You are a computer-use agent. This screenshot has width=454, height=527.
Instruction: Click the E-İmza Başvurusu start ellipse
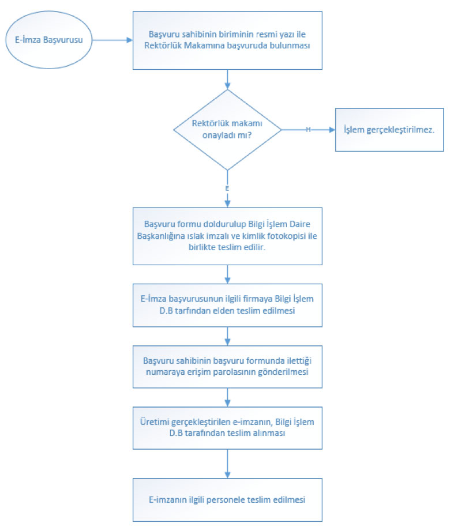click(49, 40)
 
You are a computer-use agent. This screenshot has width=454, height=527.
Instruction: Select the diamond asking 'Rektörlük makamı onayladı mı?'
click(227, 130)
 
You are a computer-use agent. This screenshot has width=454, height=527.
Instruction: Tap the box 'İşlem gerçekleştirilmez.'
click(389, 130)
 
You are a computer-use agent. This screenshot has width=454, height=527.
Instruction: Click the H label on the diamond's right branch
click(308, 129)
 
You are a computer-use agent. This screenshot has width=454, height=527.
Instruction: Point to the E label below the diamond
click(227, 188)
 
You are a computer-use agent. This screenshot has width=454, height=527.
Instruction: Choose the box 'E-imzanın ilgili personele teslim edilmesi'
click(227, 500)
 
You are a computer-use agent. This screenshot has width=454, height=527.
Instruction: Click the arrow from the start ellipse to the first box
click(112, 40)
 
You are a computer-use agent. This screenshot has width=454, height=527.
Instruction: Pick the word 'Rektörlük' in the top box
click(163, 46)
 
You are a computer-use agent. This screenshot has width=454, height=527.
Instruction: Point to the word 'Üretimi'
click(154, 422)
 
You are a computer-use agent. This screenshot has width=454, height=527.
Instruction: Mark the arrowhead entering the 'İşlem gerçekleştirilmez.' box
click(332, 130)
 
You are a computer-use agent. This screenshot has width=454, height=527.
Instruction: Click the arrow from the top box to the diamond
click(227, 80)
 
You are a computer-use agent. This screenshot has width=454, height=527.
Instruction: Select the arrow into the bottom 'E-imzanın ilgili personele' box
click(227, 464)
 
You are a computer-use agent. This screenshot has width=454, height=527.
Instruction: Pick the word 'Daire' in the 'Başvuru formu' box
click(300, 224)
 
